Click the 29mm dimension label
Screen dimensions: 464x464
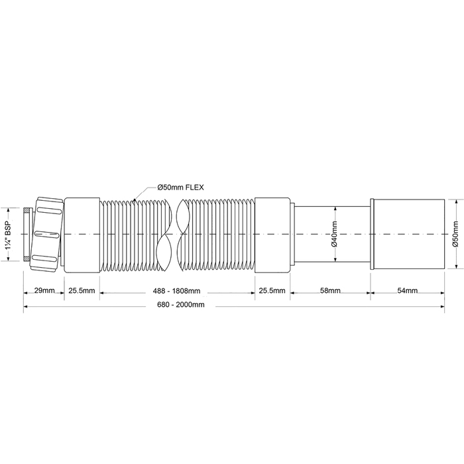coord(44,290)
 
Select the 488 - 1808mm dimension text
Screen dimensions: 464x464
coord(177,291)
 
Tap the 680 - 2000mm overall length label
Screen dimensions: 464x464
coord(181,304)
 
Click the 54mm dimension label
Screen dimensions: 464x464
coord(408,290)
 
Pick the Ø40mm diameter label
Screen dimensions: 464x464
coord(334,234)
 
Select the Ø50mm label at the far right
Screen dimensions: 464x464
coord(455,234)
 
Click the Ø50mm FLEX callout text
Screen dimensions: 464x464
coord(180,188)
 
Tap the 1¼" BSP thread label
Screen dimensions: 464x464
coord(9,234)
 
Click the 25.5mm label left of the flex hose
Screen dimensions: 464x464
coord(82,290)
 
